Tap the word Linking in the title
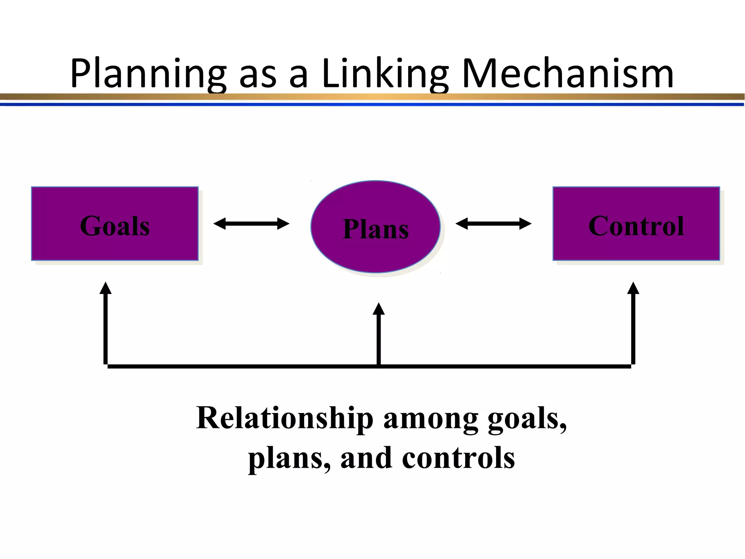(x=386, y=74)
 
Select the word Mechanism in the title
(x=567, y=74)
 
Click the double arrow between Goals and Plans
(x=251, y=223)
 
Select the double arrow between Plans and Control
(x=493, y=223)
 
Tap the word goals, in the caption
(x=527, y=419)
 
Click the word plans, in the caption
(x=289, y=459)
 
